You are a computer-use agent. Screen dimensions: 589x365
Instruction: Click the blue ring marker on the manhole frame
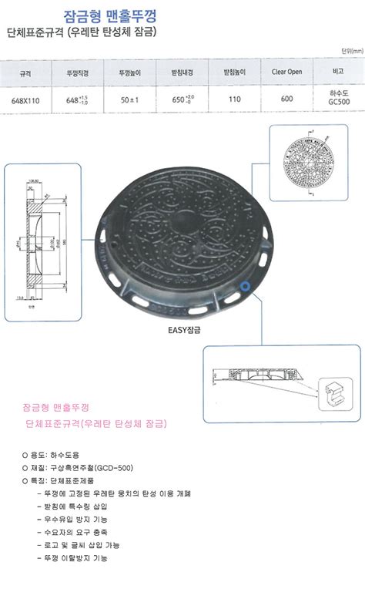[x=245, y=286]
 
